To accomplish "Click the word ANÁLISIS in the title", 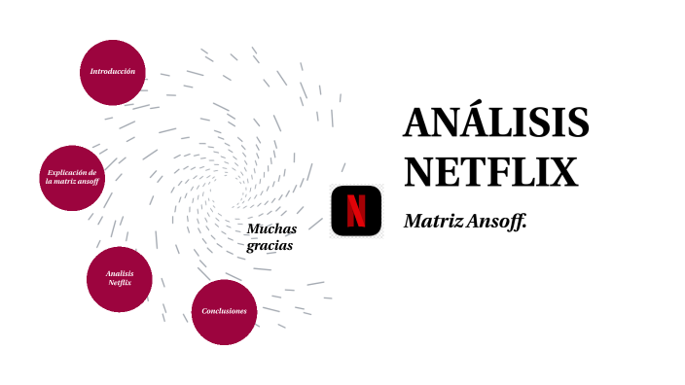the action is (496, 124).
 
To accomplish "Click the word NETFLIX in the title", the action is (490, 172).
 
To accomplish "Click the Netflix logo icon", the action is (356, 209).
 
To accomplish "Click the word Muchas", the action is (270, 228).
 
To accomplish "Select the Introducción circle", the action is (113, 72).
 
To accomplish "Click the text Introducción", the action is (113, 72).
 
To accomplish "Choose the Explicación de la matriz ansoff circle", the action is (72, 178).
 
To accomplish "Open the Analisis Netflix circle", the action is (120, 279).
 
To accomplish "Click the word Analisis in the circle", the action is (120, 273).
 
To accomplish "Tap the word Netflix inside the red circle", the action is (120, 283).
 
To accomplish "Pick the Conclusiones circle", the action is (224, 311).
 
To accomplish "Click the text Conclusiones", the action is (224, 311).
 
